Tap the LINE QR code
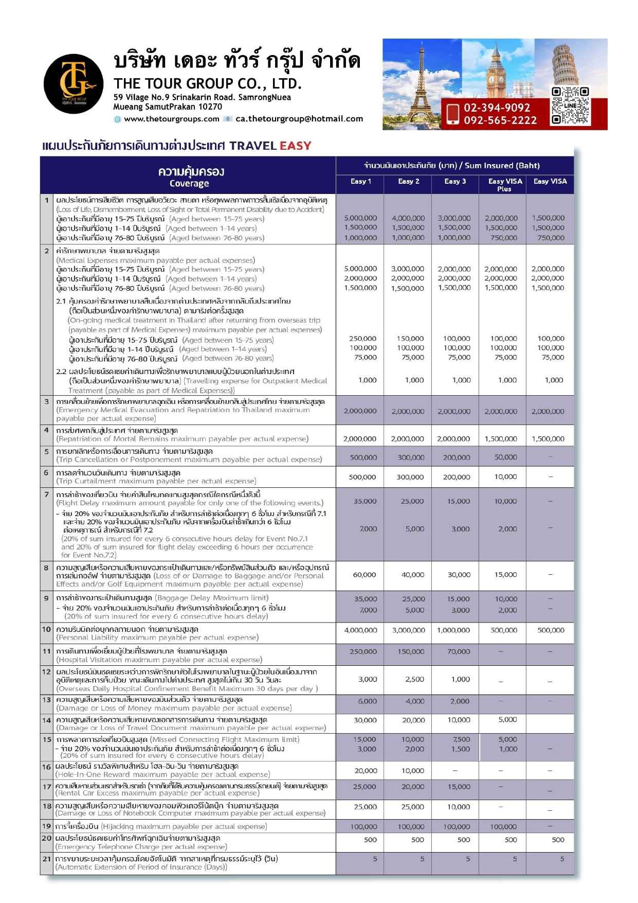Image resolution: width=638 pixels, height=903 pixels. [570, 106]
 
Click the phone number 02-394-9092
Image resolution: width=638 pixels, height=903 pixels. [497, 108]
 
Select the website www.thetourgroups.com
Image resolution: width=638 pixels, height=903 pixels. [171, 119]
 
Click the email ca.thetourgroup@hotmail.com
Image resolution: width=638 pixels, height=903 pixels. [299, 119]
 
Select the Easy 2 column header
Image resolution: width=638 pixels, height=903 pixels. [409, 181]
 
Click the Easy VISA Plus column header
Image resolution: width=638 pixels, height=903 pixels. [505, 185]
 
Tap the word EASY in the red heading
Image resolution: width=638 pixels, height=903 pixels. [295, 146]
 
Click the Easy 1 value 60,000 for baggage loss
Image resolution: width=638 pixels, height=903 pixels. [364, 575]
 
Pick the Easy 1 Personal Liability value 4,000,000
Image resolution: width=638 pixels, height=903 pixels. [360, 630]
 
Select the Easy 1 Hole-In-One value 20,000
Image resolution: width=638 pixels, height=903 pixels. [366, 770]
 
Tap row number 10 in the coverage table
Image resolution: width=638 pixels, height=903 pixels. [47, 629]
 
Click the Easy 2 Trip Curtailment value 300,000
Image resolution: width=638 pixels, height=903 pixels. [410, 477]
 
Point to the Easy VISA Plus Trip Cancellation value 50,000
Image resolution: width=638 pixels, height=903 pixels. [505, 457]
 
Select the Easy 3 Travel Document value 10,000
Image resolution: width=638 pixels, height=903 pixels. [459, 720]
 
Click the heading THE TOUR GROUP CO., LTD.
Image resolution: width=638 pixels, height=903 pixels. [208, 83]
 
